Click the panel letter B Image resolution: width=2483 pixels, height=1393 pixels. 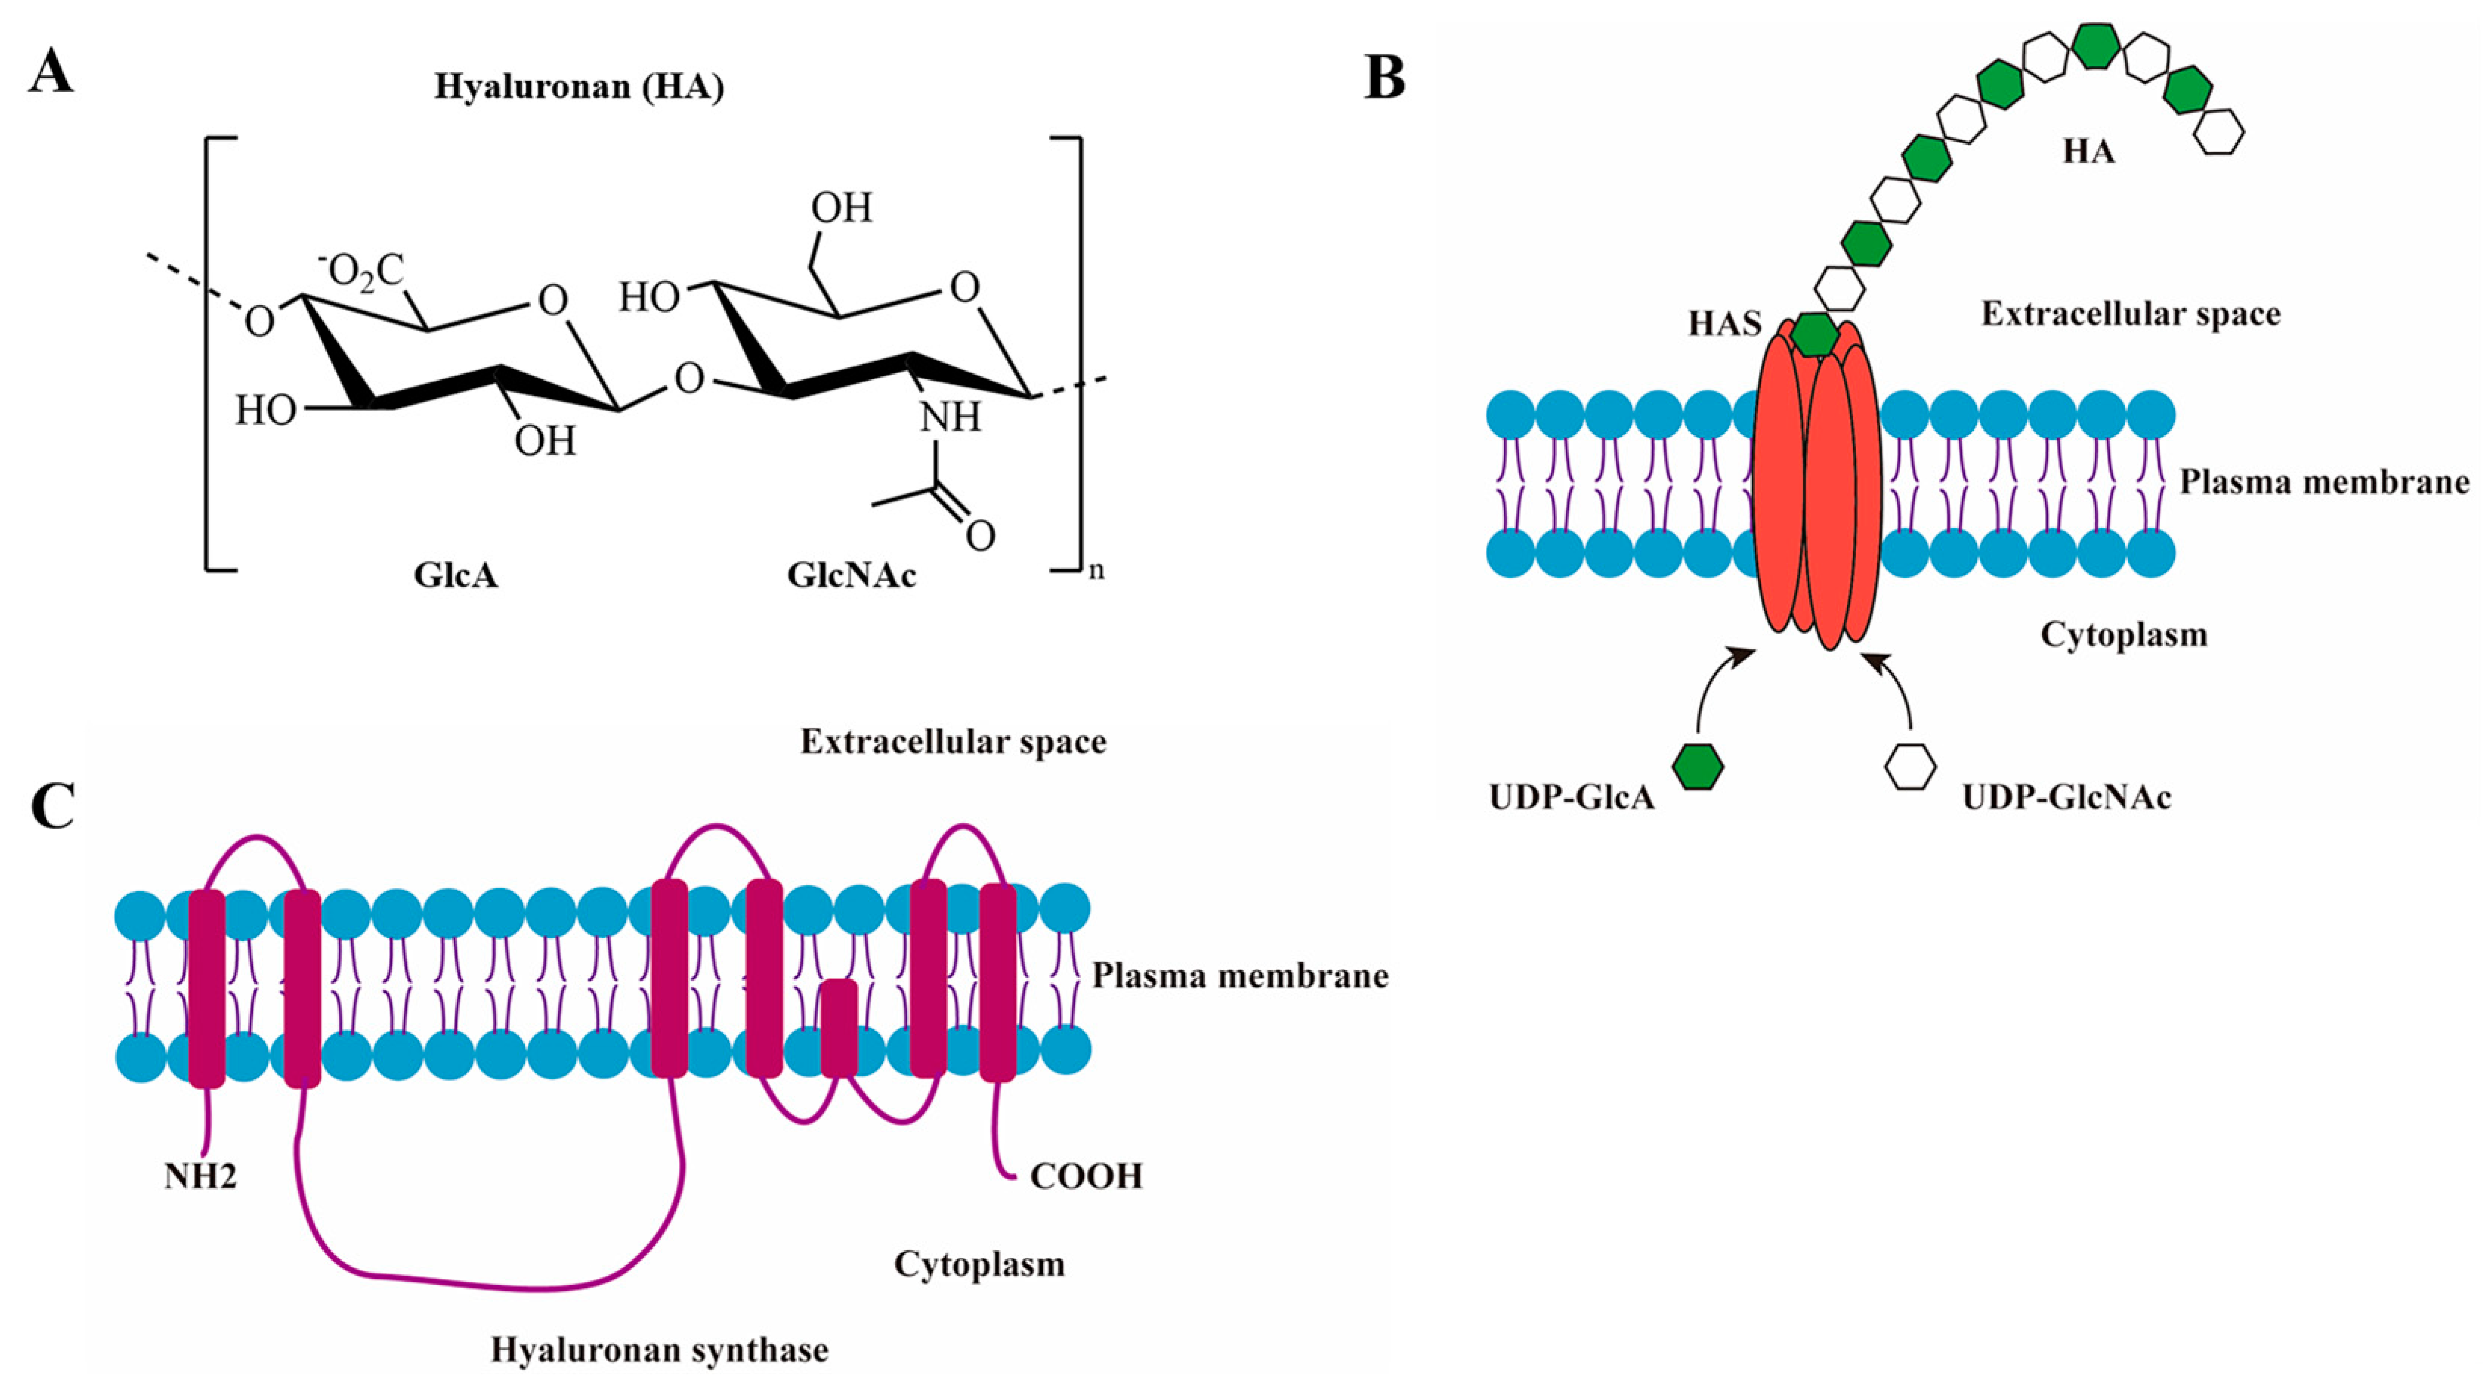[1385, 79]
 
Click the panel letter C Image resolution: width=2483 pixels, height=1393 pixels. [53, 806]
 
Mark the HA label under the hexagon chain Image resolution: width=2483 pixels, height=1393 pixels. [2089, 152]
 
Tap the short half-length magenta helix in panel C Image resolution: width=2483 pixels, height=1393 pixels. [839, 1027]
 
